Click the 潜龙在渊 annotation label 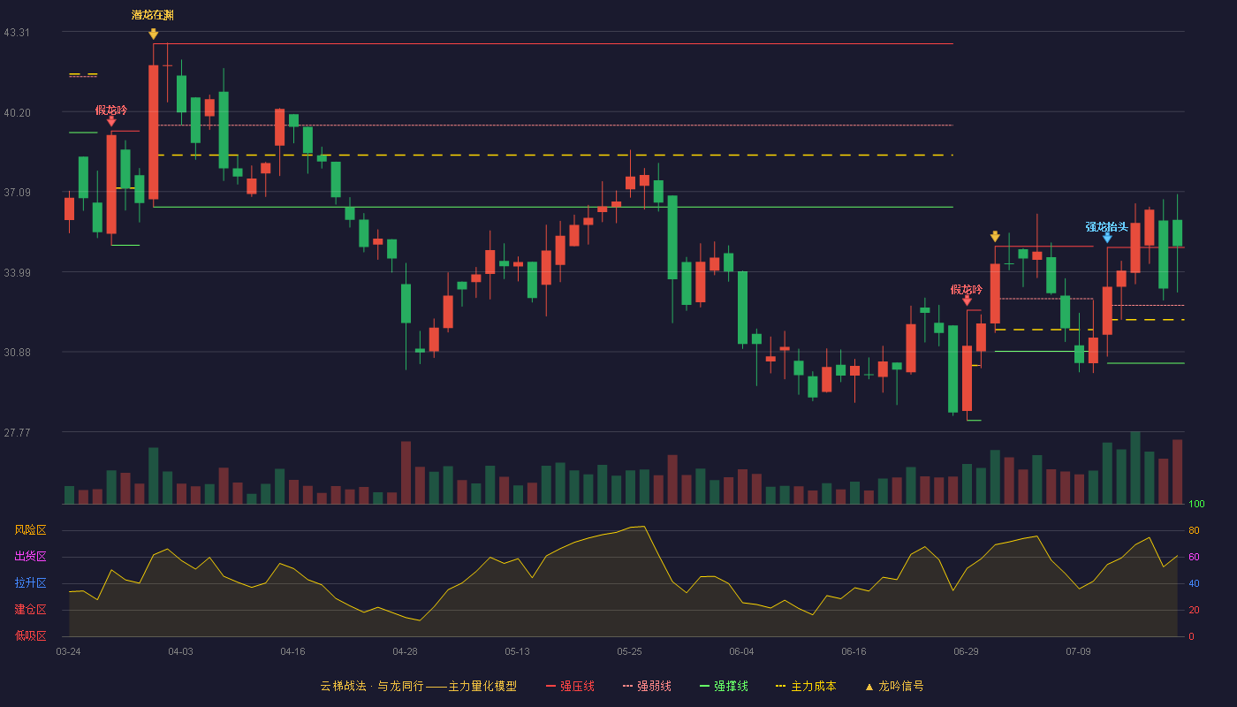click(x=152, y=15)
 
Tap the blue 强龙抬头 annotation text click(x=1106, y=226)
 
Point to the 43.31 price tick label click(x=17, y=33)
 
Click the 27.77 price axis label click(x=17, y=432)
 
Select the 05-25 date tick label click(x=629, y=652)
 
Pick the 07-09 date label click(x=1079, y=652)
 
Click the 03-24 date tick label click(x=69, y=652)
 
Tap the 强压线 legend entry click(x=571, y=686)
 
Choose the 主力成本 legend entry click(x=806, y=686)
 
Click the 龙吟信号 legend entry click(x=894, y=686)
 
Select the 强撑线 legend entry click(x=724, y=686)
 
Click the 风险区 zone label click(x=30, y=530)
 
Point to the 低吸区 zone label click(x=30, y=636)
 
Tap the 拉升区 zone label click(x=30, y=583)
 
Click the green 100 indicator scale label click(x=1196, y=504)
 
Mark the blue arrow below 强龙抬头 click(x=1107, y=238)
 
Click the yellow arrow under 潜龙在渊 click(x=154, y=34)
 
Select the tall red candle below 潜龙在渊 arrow click(x=154, y=132)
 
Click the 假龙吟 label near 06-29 click(x=967, y=290)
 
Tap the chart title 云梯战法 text click(x=343, y=686)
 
